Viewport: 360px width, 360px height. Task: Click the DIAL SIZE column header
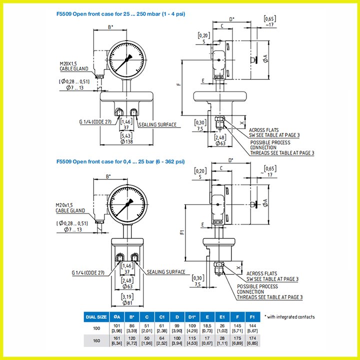[96, 316]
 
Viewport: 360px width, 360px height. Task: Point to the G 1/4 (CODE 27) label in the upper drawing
[95, 121]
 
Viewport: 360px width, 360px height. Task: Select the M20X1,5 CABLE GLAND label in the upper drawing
[73, 66]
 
